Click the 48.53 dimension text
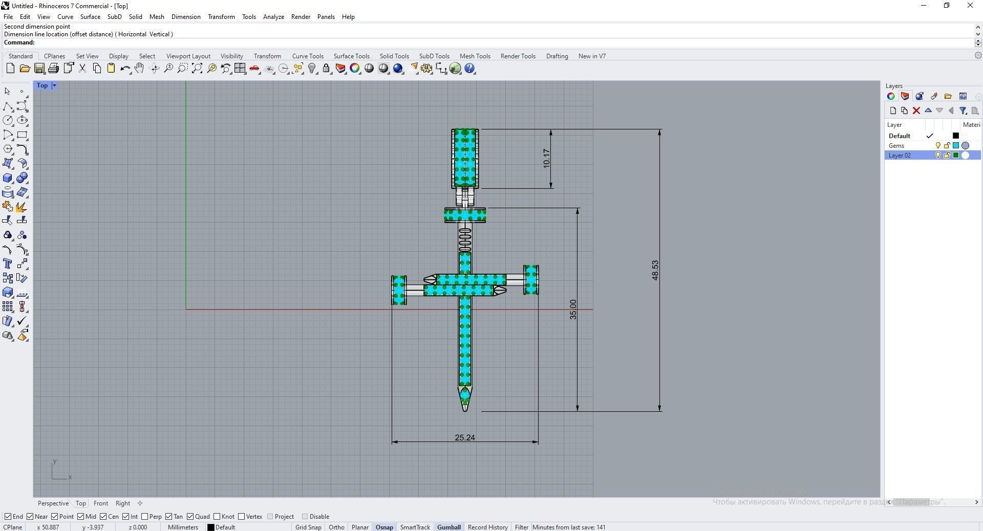pyautogui.click(x=655, y=270)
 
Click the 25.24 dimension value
pyautogui.click(x=464, y=437)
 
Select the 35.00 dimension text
pyautogui.click(x=573, y=309)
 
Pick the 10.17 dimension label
pyautogui.click(x=546, y=159)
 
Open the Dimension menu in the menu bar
pyautogui.click(x=185, y=16)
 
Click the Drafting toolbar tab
pyautogui.click(x=557, y=56)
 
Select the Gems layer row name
pyautogui.click(x=896, y=145)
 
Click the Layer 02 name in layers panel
pyautogui.click(x=900, y=155)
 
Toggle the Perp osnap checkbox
pyautogui.click(x=145, y=516)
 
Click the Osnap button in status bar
pyautogui.click(x=384, y=527)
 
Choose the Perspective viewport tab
pyautogui.click(x=53, y=503)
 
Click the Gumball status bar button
pyautogui.click(x=448, y=527)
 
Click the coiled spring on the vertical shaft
pyautogui.click(x=464, y=239)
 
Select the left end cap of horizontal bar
pyautogui.click(x=399, y=290)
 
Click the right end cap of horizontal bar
pyautogui.click(x=531, y=279)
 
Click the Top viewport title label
pyautogui.click(x=42, y=85)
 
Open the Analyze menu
pyautogui.click(x=273, y=16)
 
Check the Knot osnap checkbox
pyautogui.click(x=217, y=516)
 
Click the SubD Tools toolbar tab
pyautogui.click(x=434, y=56)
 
